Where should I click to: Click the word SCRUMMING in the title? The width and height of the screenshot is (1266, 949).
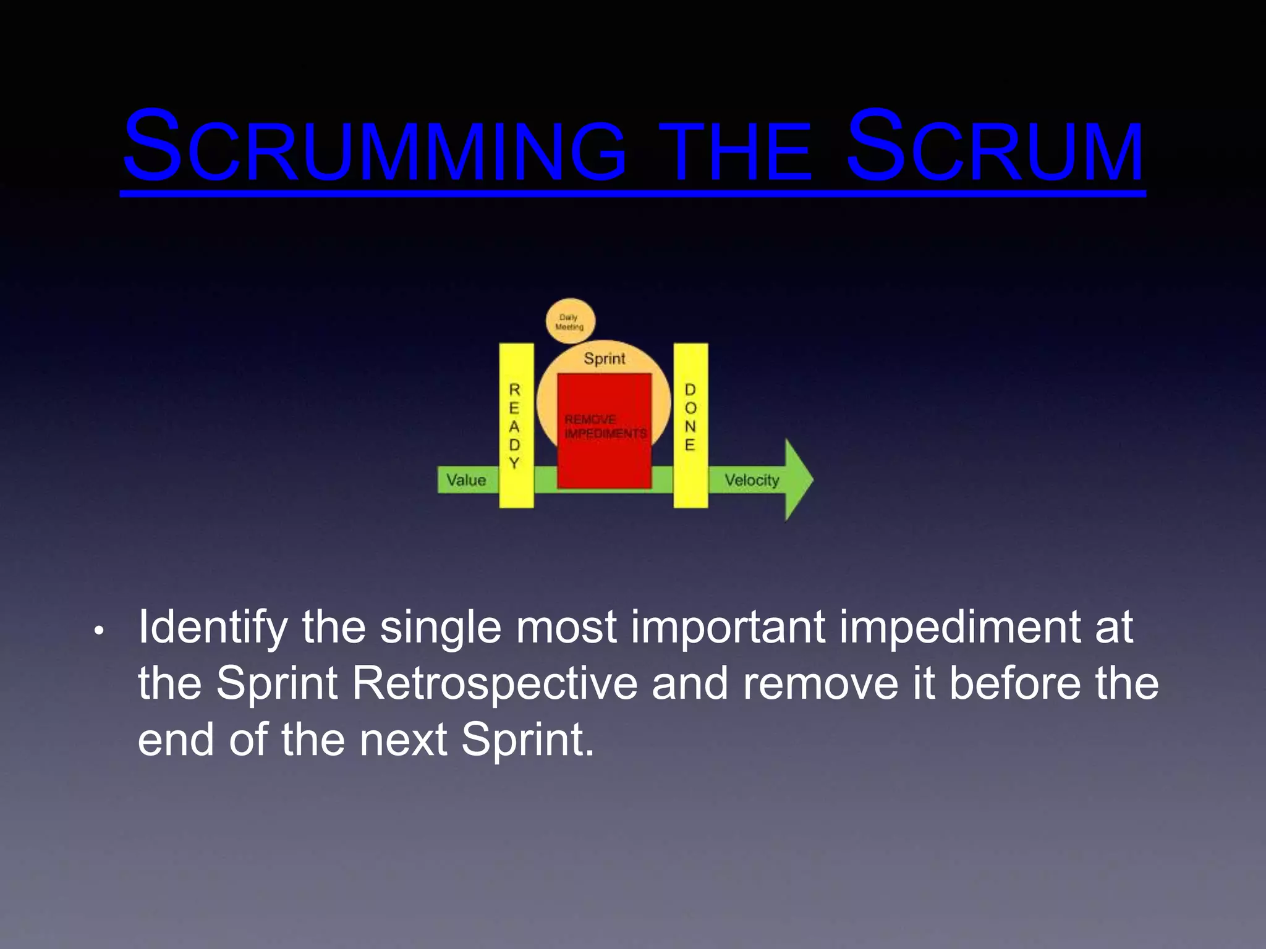pyautogui.click(x=374, y=148)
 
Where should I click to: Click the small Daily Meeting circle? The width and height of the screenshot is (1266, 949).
pyautogui.click(x=570, y=322)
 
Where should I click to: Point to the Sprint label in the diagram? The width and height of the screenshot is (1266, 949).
pyautogui.click(x=605, y=358)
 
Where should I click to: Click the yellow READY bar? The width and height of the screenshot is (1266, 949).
pyautogui.click(x=516, y=426)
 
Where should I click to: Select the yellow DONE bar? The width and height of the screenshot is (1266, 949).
pyautogui.click(x=690, y=426)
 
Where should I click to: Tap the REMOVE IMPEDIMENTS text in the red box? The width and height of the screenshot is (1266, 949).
pyautogui.click(x=605, y=427)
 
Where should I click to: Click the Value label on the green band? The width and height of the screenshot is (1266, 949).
pyautogui.click(x=466, y=480)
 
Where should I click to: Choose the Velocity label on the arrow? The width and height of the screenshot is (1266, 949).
pyautogui.click(x=752, y=480)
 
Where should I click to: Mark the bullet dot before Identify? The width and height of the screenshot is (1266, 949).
pyautogui.click(x=98, y=631)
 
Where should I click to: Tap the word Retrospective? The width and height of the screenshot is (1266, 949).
pyautogui.click(x=495, y=684)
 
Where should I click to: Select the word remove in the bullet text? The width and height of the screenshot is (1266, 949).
pyautogui.click(x=820, y=684)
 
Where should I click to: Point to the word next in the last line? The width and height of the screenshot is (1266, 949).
pyautogui.click(x=403, y=740)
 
